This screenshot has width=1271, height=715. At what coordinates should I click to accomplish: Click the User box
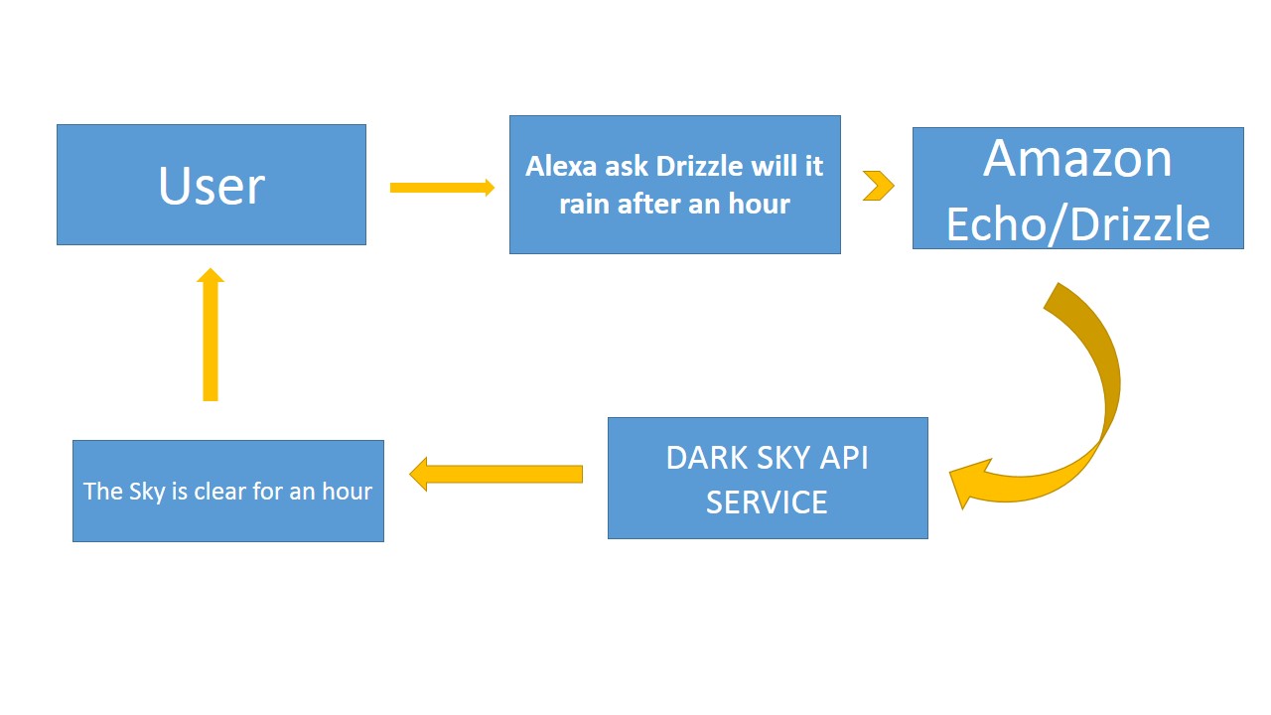click(212, 185)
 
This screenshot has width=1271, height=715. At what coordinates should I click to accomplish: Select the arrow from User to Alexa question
click(442, 188)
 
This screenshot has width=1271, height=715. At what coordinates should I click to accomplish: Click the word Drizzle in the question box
click(699, 166)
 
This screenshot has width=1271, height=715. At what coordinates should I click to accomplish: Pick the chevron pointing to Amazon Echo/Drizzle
click(879, 186)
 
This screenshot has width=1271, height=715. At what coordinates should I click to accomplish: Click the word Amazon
click(1077, 159)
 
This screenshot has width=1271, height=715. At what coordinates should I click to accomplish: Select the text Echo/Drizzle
click(1078, 224)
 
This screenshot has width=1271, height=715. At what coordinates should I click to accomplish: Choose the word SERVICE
click(767, 502)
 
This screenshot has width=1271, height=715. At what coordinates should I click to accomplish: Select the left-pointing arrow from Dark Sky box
click(495, 474)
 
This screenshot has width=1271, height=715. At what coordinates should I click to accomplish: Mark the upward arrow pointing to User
click(210, 335)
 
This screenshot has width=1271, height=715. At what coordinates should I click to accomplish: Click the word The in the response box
click(102, 492)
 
